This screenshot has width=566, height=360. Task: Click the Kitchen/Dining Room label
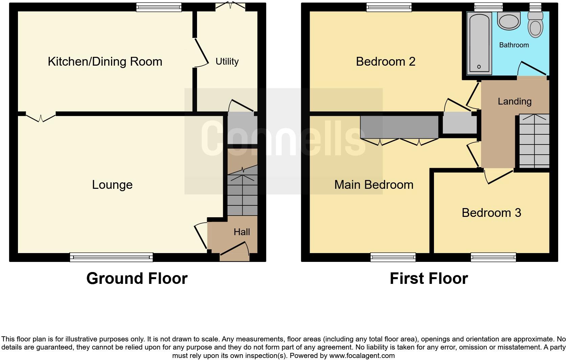[x=105, y=62]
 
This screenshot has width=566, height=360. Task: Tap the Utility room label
[x=227, y=62]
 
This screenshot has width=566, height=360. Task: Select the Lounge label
[x=112, y=185]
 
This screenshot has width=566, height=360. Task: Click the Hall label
[x=242, y=232]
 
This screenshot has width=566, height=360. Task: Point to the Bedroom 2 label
[x=386, y=62]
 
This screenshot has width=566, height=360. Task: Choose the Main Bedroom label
[x=374, y=185]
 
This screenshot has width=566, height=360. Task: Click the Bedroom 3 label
[x=491, y=213]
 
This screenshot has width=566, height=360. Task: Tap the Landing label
[x=514, y=102]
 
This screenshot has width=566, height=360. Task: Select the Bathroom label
[x=514, y=45]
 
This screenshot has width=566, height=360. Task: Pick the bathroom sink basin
[x=508, y=21]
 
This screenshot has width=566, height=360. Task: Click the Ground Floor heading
[x=137, y=278]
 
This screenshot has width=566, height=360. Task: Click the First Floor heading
[x=429, y=278]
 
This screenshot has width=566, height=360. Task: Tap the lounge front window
[x=111, y=257]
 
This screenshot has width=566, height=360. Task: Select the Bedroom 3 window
[x=493, y=257]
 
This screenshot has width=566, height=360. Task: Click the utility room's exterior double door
[x=231, y=6]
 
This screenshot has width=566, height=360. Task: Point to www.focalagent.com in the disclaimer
[x=362, y=356]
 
